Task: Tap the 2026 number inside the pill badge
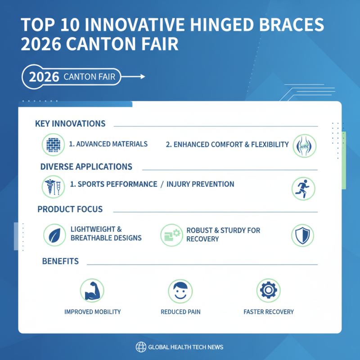tap(44, 77)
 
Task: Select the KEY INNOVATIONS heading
tap(70, 124)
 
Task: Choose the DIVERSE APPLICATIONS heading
tap(86, 167)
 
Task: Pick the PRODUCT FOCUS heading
tap(70, 209)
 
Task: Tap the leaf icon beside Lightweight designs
tap(54, 235)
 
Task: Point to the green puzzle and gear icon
tap(172, 235)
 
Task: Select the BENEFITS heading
tap(60, 261)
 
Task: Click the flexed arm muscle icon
tap(92, 290)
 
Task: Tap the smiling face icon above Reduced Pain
tap(180, 290)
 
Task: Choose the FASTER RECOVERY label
tap(268, 312)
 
